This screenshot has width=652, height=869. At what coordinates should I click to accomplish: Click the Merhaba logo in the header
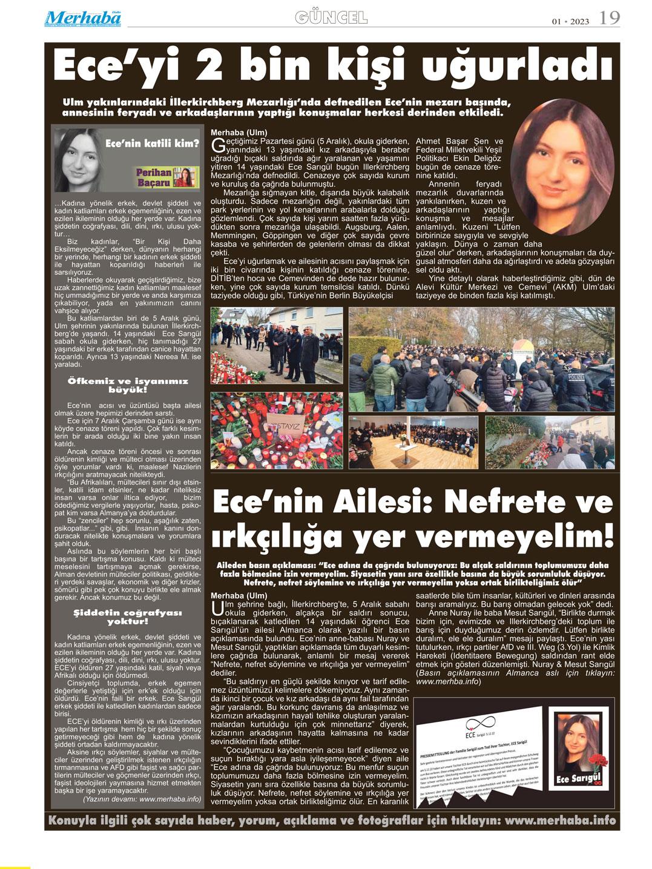83,18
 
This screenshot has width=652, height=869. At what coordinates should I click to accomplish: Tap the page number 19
610,18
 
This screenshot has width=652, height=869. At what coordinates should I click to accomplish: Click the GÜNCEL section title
331,18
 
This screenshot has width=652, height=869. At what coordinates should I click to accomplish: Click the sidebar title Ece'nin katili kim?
152,144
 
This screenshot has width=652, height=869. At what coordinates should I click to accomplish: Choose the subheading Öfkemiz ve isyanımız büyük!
127,386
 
